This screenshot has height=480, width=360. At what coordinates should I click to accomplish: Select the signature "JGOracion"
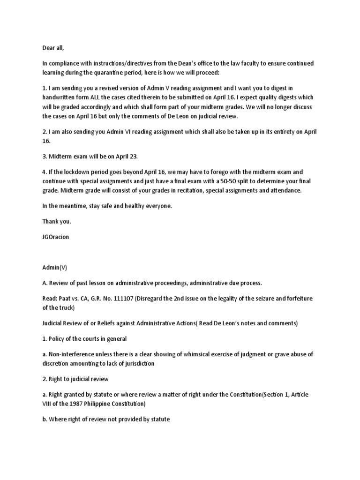(55, 236)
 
